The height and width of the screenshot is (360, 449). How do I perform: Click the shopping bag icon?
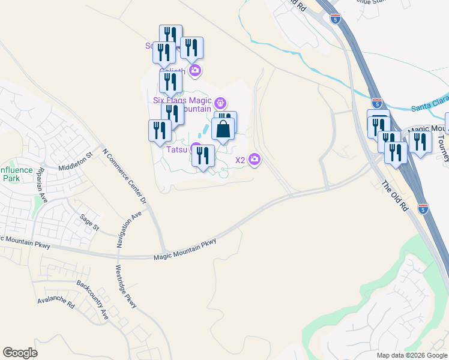tap(223, 129)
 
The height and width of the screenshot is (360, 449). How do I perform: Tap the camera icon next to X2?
tap(255, 159)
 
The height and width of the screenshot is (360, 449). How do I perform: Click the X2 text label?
tap(240, 160)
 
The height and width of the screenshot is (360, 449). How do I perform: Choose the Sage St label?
tap(89, 223)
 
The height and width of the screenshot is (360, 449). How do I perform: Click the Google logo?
tap(20, 353)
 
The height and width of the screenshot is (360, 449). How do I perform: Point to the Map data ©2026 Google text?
tap(411, 355)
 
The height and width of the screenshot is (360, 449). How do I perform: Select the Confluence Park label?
tap(16, 174)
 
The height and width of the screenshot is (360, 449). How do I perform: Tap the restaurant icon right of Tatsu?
tap(203, 155)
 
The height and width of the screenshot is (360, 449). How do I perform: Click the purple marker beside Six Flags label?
tap(220, 103)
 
